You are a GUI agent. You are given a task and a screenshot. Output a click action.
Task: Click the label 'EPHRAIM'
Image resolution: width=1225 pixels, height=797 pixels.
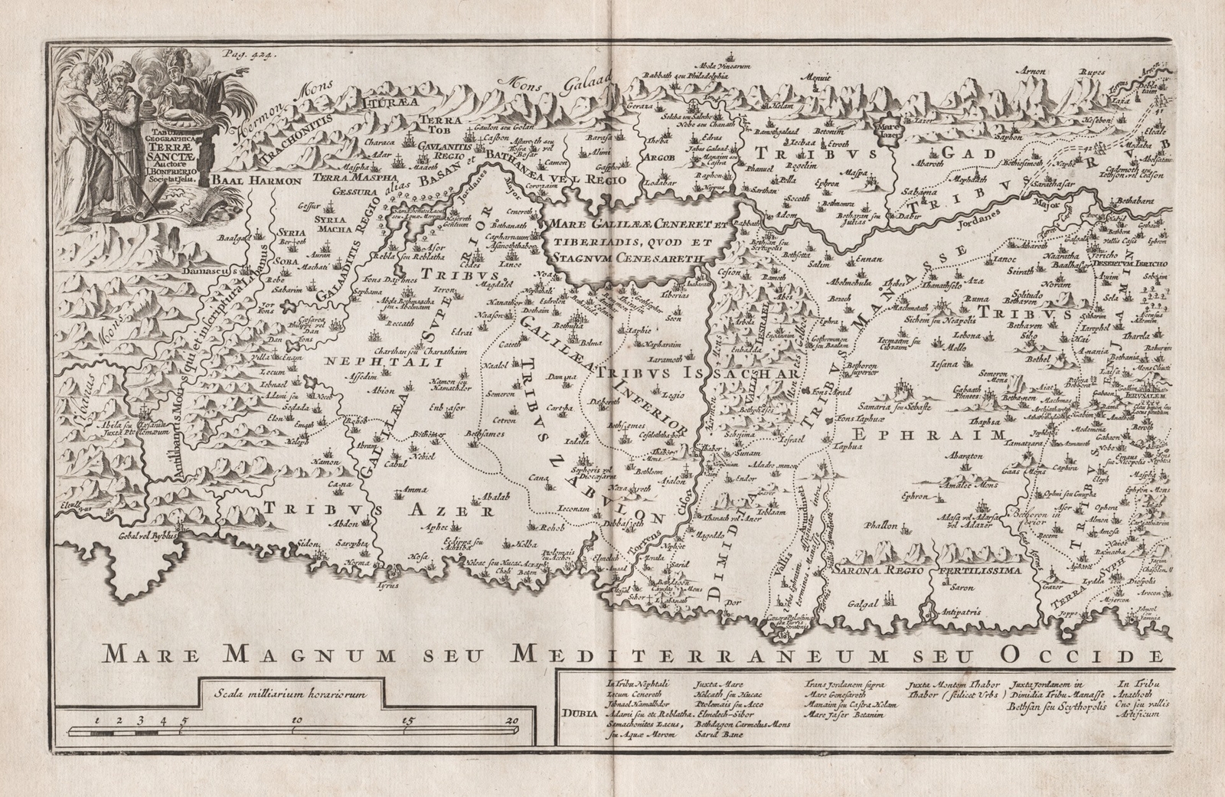[927, 435]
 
